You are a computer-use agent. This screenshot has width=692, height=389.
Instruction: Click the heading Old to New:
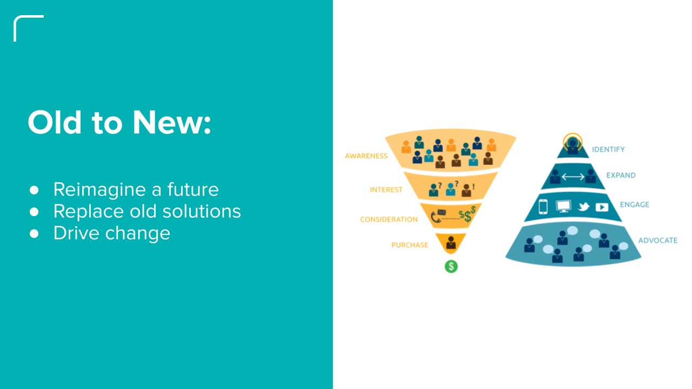point(119,123)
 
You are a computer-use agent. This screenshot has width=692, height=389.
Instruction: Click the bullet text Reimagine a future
point(136,190)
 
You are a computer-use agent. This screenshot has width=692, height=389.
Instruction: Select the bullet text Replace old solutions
point(147,211)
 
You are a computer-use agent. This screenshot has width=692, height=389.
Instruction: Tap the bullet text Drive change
point(111,233)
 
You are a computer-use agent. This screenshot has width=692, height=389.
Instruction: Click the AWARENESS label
point(366,156)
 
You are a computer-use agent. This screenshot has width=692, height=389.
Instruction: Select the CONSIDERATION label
point(389,219)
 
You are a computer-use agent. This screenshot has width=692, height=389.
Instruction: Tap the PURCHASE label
point(409,245)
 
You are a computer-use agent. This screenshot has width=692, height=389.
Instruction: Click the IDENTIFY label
point(608,149)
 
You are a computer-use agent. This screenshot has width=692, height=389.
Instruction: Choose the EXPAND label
point(621,176)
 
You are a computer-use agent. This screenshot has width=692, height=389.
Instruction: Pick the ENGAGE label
point(635,205)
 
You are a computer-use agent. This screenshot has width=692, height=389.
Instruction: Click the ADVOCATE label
point(657,240)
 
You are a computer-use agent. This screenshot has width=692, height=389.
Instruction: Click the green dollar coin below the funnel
point(451,266)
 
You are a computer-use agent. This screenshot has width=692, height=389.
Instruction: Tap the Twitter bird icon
point(583,207)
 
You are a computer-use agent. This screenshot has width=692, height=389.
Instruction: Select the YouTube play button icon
point(602,207)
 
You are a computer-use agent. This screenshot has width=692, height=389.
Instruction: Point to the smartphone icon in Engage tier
point(543,207)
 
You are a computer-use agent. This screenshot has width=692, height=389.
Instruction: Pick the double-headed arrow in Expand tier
point(573,177)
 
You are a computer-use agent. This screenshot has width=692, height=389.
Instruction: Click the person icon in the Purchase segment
point(451,244)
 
